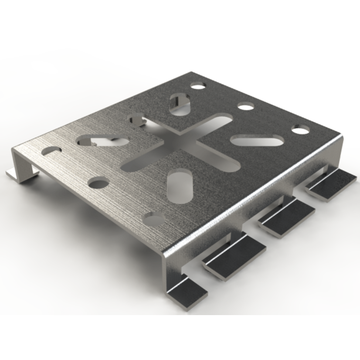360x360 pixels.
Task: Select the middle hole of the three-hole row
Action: [246, 106]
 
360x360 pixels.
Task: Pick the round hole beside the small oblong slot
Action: [98, 183]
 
